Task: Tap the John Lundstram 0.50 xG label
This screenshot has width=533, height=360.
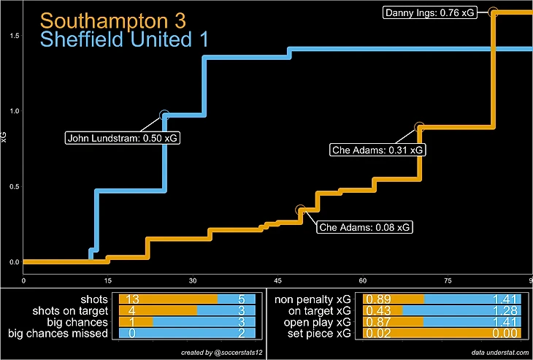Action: [x=114, y=137]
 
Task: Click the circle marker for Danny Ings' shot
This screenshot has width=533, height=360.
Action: [x=493, y=12]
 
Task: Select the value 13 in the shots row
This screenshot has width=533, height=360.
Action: [x=132, y=299]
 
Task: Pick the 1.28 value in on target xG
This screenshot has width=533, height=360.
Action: [x=505, y=311]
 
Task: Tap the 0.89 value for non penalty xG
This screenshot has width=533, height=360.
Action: [x=377, y=299]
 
